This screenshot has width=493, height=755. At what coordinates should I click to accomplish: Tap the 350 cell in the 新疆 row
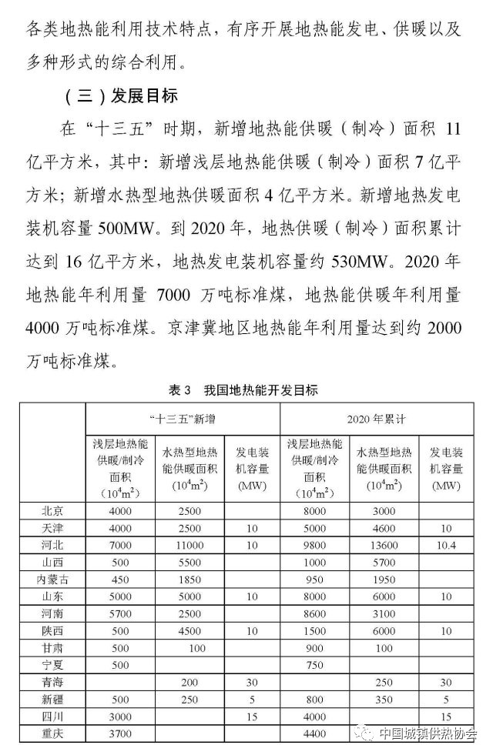click(383, 699)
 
